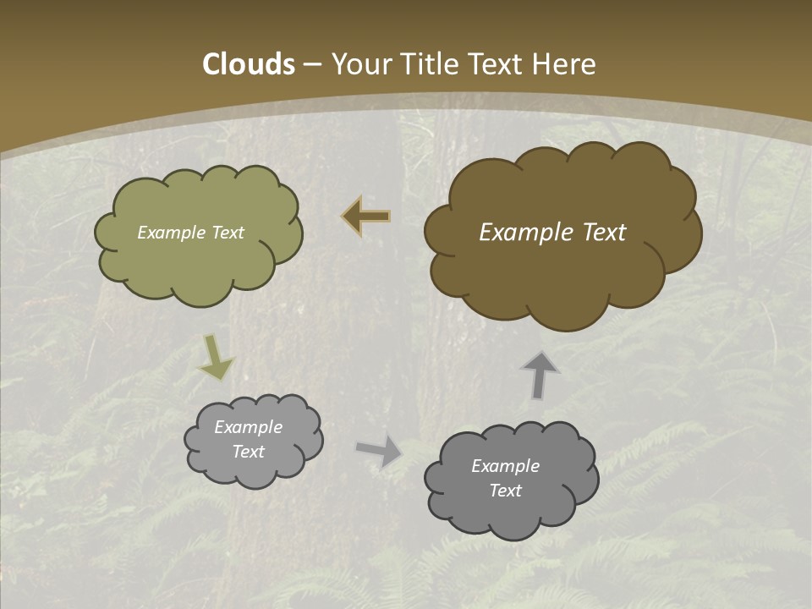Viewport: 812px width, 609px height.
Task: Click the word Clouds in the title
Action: click(x=249, y=64)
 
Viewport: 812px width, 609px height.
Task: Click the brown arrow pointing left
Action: click(x=366, y=217)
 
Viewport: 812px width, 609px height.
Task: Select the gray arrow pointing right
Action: click(x=379, y=450)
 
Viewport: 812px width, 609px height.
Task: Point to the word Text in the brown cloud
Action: click(x=597, y=233)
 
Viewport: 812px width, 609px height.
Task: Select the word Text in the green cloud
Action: click(x=227, y=233)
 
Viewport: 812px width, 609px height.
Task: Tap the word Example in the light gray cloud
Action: click(x=249, y=427)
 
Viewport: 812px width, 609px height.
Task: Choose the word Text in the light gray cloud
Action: click(x=249, y=452)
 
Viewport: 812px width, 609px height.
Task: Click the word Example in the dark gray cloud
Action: click(x=506, y=466)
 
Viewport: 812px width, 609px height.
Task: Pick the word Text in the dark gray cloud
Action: click(x=506, y=491)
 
